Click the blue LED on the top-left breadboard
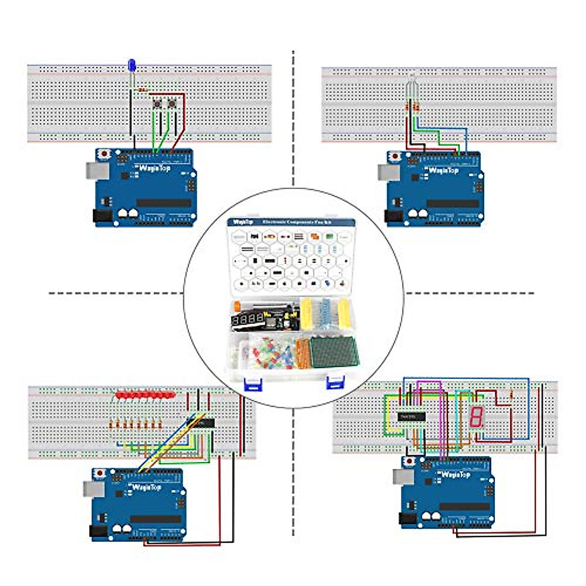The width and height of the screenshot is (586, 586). tap(131, 65)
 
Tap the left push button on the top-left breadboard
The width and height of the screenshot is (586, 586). tap(158, 105)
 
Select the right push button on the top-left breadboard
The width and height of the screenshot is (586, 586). tap(172, 105)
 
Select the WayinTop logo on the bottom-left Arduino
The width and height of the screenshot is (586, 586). tap(146, 487)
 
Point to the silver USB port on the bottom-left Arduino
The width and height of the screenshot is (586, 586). tap(89, 487)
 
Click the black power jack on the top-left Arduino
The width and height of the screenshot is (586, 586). tap(99, 216)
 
